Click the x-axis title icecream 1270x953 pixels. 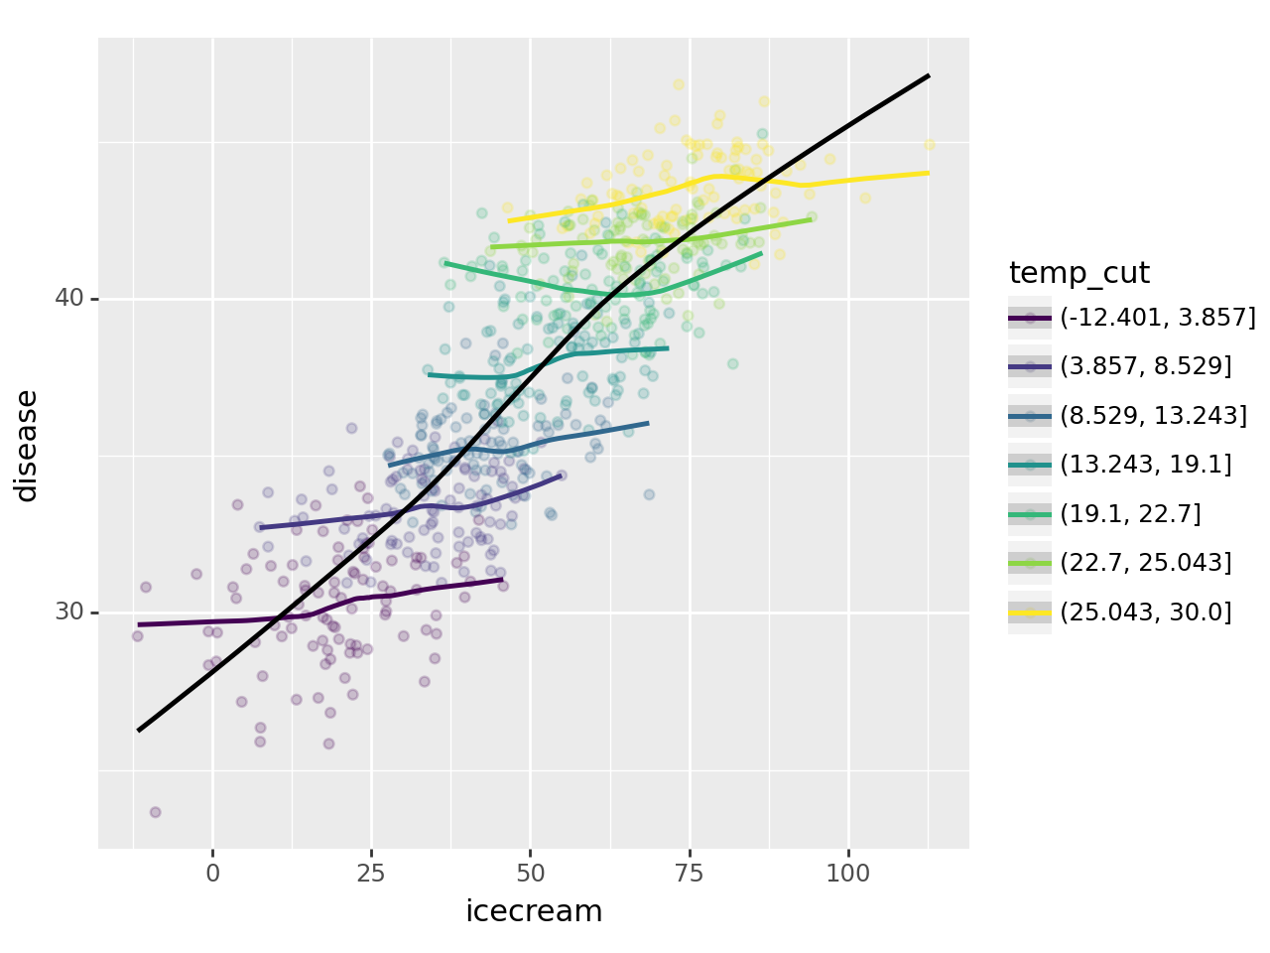point(534,911)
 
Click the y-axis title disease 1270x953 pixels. point(27,445)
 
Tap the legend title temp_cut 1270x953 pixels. point(1079,273)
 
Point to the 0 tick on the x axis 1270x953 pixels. point(212,874)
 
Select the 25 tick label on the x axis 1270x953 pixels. point(371,874)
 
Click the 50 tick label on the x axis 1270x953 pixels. point(530,874)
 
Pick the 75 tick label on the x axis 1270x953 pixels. point(690,874)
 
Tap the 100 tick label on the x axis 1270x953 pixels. point(848,874)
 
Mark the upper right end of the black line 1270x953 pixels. point(929,75)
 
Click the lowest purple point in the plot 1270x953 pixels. point(155,812)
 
